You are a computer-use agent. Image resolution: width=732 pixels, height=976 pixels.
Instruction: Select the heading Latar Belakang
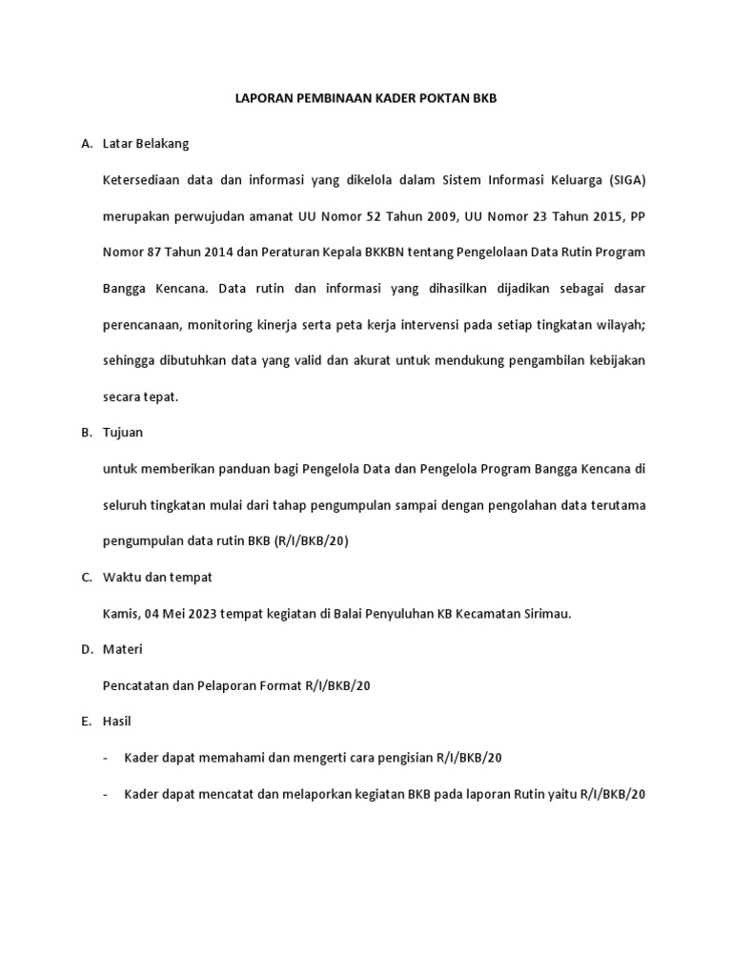point(146,144)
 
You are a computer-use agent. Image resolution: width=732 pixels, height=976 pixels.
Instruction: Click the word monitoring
point(226,325)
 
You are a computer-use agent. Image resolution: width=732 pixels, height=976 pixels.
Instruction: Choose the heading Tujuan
point(123,433)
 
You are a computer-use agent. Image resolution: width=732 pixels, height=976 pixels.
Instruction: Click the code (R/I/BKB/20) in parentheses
point(311,541)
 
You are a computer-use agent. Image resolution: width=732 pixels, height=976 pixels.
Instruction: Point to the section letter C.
point(86,578)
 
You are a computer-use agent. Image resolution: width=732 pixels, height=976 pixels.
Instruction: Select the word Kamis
point(120,614)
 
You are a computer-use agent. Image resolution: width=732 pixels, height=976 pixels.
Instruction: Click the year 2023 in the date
point(200,614)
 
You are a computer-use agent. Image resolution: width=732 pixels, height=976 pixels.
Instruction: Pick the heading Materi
point(122,650)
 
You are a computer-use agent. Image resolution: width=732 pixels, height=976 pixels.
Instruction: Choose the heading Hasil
point(117,722)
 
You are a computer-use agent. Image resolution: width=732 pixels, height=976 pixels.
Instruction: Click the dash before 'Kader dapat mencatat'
point(105,795)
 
